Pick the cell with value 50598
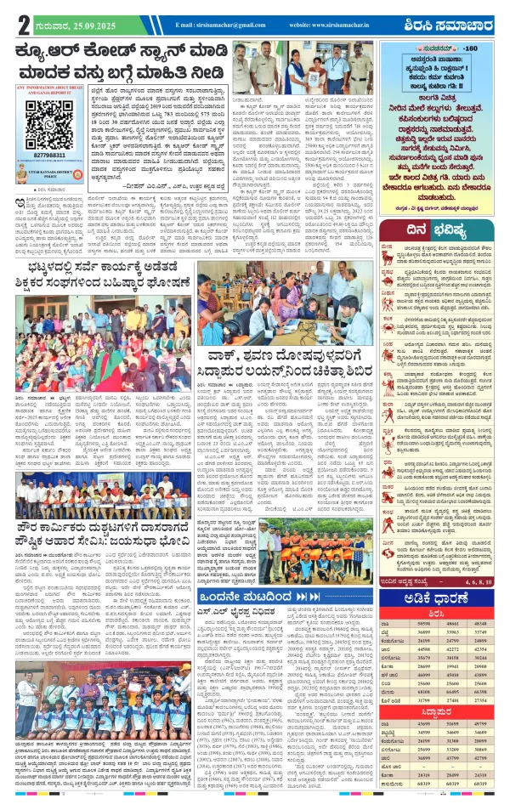tap(419, 627)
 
